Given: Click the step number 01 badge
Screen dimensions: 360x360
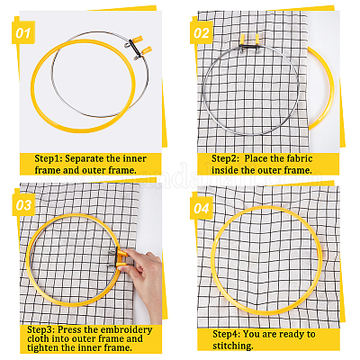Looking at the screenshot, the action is coord(23,32).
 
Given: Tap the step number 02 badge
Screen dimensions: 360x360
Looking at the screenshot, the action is coord(202,32).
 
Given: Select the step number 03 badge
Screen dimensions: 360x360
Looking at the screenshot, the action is coord(23,205).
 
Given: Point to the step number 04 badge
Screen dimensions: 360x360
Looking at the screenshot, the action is coord(202,208).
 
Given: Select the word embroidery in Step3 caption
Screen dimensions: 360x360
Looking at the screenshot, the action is coord(126,329).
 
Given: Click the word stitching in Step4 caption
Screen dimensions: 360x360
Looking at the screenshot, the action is coord(233,346).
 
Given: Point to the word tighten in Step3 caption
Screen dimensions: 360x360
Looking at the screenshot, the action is coord(42,348).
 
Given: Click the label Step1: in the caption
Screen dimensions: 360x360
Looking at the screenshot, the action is coord(49,158).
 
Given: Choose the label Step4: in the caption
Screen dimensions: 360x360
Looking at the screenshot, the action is coord(226,334).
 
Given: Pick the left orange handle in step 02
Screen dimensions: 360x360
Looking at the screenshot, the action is coord(243,40).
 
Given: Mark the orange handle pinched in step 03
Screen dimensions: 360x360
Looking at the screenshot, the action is coord(121,254).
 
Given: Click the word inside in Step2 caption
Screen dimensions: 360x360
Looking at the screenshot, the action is coord(225,170).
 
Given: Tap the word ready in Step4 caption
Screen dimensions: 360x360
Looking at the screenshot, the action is coord(285,335).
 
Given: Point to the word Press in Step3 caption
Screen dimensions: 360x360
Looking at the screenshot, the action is coord(69,329).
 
